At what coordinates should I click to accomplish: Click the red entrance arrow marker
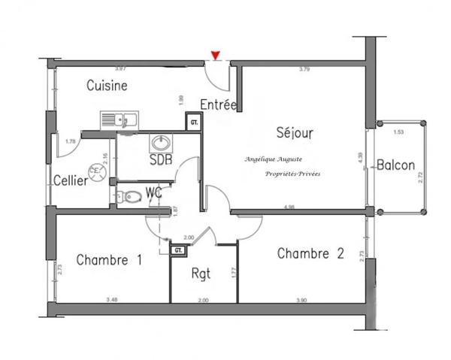(216, 55)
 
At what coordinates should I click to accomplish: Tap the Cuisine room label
(107, 86)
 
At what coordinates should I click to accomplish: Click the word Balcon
(396, 165)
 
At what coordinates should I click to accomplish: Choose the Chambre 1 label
(109, 260)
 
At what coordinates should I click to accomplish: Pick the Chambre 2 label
(310, 253)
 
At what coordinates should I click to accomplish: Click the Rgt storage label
(201, 274)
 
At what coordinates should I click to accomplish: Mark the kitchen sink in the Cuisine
(119, 119)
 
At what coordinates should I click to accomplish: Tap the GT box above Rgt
(179, 250)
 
